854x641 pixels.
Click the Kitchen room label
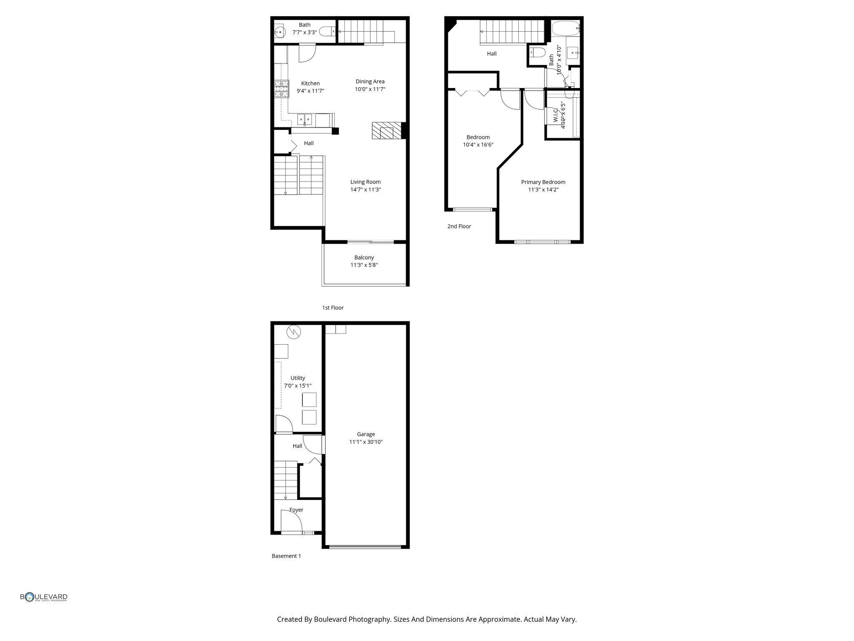[x=310, y=83]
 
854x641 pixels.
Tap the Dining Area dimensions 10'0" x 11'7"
[x=370, y=89]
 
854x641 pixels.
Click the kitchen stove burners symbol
[x=281, y=89]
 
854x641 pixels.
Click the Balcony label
[x=364, y=257]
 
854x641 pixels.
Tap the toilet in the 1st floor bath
[x=327, y=31]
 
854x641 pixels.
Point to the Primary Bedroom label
[x=543, y=182]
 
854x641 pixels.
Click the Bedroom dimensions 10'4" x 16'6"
[x=478, y=145]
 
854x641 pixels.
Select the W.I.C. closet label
[x=555, y=115]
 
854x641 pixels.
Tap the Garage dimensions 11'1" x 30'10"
[x=366, y=442]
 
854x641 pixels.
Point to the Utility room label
[x=298, y=378]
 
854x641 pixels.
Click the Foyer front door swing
[x=291, y=522]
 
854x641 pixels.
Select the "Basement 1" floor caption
[x=286, y=556]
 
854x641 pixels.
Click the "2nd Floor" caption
[x=459, y=226]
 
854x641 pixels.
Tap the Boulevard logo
[x=44, y=597]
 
